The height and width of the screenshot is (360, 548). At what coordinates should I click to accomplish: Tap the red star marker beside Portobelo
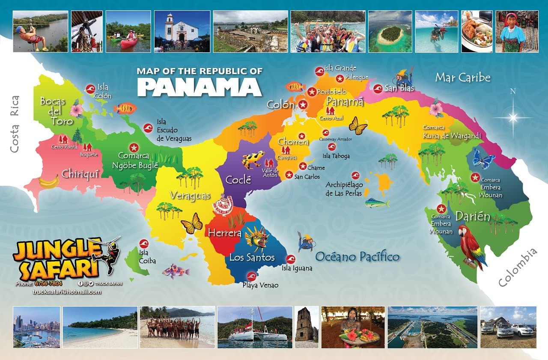[312, 92]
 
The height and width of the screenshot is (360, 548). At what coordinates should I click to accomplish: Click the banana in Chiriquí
[49, 182]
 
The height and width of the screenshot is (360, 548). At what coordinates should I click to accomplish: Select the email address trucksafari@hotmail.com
[67, 292]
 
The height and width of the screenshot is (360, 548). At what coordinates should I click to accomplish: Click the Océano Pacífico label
[357, 256]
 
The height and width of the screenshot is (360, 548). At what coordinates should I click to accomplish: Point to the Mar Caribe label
[462, 77]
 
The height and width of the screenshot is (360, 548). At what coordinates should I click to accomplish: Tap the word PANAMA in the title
[199, 87]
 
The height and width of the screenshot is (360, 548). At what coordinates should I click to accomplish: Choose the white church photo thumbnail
[182, 31]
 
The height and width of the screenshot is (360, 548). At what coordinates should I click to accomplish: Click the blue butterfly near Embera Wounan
[483, 159]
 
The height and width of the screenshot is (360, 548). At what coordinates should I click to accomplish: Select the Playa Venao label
[260, 285]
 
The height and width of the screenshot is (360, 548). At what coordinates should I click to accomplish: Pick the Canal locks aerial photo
[432, 327]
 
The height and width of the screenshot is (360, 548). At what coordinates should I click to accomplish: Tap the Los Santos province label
[252, 257]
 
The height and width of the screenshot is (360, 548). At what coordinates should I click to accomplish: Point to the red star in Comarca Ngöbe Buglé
[134, 147]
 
